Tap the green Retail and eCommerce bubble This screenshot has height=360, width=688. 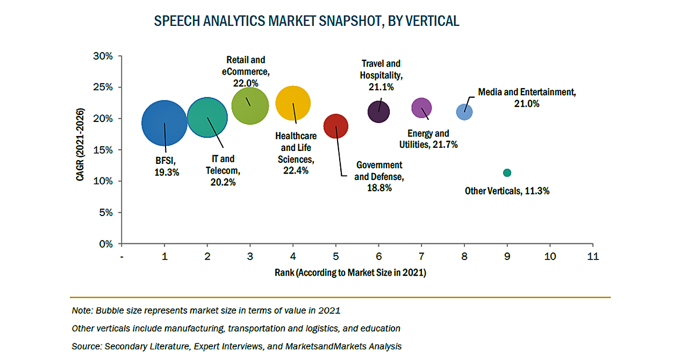pos(250,106)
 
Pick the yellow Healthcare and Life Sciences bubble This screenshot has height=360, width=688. pos(293,103)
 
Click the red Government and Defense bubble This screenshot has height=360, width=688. pos(336,126)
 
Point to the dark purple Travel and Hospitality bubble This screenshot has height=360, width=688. pos(379,112)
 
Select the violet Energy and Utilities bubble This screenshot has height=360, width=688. pos(421,107)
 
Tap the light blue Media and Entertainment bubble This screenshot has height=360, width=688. pos(464,112)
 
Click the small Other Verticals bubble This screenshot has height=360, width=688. pos(507,172)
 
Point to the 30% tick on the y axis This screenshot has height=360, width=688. pos(104,56)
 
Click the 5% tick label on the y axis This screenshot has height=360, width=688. pos(106,213)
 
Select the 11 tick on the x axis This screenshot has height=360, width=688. pos(593,256)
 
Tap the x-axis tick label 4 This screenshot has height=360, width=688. pos(293,256)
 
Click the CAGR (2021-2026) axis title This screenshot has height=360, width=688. pos(81,150)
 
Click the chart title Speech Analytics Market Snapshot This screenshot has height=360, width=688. pos(306,21)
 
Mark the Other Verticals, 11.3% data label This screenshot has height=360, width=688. pos(506,191)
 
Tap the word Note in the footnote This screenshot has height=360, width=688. pos(81,311)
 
